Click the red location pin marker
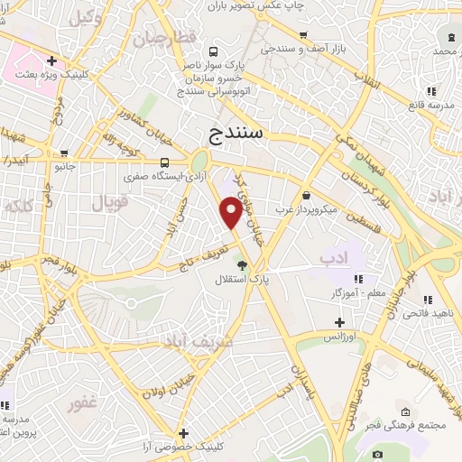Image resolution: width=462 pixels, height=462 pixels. [231, 212]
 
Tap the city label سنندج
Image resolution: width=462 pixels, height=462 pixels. [237, 134]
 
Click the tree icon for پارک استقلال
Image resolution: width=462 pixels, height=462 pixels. [241, 263]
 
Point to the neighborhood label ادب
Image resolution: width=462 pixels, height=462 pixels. [332, 259]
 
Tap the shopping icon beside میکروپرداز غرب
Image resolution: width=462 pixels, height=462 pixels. [307, 195]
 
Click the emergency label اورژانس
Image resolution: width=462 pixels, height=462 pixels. [339, 337]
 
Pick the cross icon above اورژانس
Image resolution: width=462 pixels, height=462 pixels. [339, 321]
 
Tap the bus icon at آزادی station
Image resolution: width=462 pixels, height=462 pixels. [165, 162]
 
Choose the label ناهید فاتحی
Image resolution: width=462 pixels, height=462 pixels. [432, 312]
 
